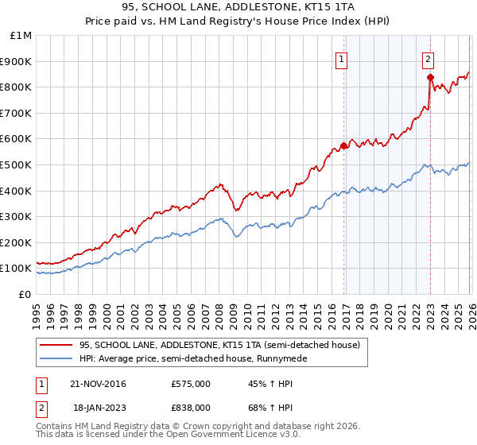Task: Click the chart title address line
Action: (x=238, y=7)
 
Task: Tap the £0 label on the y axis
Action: (x=25, y=294)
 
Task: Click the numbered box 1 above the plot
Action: (x=342, y=58)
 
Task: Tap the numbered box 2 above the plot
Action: (x=428, y=58)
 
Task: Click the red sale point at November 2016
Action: (x=344, y=145)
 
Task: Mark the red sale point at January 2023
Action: (x=430, y=77)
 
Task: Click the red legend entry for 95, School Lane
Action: (x=219, y=345)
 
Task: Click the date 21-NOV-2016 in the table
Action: (x=99, y=384)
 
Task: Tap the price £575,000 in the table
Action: (x=191, y=384)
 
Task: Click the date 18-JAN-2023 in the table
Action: (x=98, y=407)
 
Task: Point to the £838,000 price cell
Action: (x=191, y=407)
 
